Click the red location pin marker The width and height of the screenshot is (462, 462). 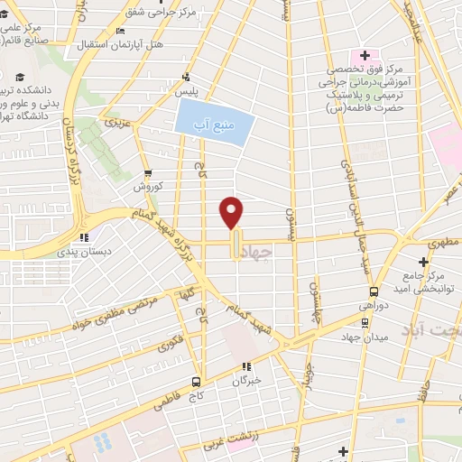[x=233, y=212]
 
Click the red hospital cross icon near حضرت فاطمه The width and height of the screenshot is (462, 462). [x=364, y=54]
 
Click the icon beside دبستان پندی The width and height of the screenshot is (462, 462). [x=83, y=238]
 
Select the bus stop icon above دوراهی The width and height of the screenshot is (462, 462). [x=374, y=291]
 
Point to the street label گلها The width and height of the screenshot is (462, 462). [x=187, y=296]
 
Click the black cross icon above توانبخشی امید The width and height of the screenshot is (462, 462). [x=423, y=261]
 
